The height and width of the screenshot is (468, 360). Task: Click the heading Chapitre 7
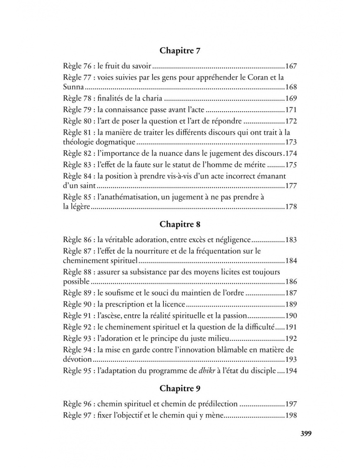pyautogui.click(x=180, y=51)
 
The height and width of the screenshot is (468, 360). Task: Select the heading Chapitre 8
pyautogui.click(x=180, y=225)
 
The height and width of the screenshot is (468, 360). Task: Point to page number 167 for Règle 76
pyautogui.click(x=291, y=66)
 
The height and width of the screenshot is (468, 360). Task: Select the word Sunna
pyautogui.click(x=73, y=87)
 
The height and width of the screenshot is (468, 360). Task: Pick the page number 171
pyautogui.click(x=291, y=110)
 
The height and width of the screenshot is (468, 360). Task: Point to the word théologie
pyautogui.click(x=78, y=142)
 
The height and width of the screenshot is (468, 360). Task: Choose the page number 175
pyautogui.click(x=291, y=165)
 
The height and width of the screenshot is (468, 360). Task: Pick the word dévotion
pyautogui.click(x=77, y=360)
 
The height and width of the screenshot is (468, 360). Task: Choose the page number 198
pyautogui.click(x=291, y=415)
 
